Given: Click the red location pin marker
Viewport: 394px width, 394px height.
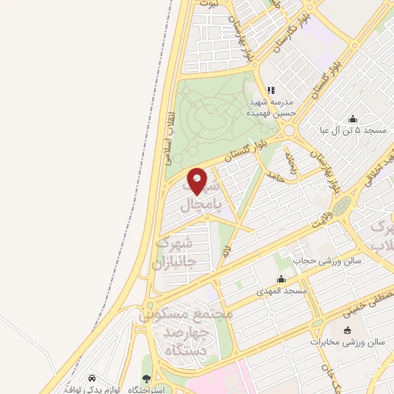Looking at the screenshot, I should click(198, 181).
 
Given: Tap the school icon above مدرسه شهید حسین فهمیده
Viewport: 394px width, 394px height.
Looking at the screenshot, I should click(270, 90).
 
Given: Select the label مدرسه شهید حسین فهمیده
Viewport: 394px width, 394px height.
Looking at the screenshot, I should click(269, 107).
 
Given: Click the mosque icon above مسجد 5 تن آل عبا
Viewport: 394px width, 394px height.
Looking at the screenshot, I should click(352, 119).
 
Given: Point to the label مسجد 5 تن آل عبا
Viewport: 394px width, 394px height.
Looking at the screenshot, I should click(353, 131).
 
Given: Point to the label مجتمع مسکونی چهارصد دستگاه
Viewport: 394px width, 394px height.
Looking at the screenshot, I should click(184, 322).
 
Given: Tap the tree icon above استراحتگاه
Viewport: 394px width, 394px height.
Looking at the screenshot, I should click(147, 379).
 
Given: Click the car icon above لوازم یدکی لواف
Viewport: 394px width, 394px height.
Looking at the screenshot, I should click(92, 379).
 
